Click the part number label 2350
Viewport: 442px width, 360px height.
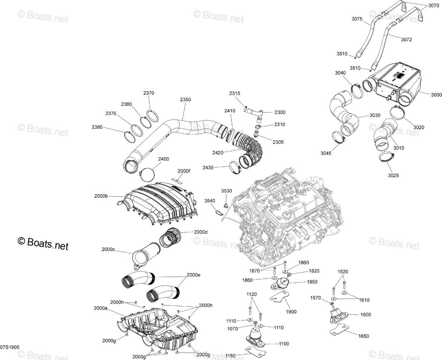coord(185,99)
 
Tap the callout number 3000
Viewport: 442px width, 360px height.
coord(436,95)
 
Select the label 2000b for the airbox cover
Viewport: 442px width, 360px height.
coord(101,196)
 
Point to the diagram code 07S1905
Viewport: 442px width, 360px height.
coord(10,347)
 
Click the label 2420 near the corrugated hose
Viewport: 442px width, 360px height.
coord(218,153)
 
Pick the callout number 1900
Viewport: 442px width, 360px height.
coord(291,311)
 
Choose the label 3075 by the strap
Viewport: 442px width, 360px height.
coord(357,19)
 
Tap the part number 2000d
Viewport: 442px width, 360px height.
coord(200,232)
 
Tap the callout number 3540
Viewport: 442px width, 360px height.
coord(210,201)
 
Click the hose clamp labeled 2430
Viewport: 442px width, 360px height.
coord(235,167)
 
